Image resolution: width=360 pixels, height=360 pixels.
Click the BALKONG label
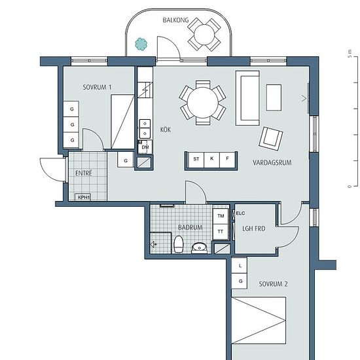pos(175,20)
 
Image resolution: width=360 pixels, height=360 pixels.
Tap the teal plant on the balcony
pos(141,44)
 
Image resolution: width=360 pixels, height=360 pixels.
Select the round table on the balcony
pos(204,35)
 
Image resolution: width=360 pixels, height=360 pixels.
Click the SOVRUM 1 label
pos(97,87)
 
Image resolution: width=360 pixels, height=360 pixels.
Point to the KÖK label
pos(166,130)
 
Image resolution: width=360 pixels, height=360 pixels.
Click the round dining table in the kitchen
pos(203,102)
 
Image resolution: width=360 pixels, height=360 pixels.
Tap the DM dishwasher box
pos(145,147)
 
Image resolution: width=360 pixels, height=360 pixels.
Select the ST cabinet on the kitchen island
pos(196,159)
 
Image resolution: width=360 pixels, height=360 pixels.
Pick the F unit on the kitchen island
pos(227,159)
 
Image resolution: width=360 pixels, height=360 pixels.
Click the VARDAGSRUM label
pos(272,162)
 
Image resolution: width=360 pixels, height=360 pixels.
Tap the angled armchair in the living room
pos(271,139)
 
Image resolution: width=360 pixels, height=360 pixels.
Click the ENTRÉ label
pos(84,173)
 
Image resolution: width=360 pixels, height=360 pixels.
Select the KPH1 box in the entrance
pos(83,197)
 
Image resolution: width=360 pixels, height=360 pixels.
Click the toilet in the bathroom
pos(179,244)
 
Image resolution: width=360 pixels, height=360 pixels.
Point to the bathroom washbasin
pos(199,247)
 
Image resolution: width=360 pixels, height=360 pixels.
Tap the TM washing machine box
pos(221,216)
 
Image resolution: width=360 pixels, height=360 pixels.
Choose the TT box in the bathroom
pos(221,232)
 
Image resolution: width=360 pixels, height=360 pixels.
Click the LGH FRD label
pos(254,228)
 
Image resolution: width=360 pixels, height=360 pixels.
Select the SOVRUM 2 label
pos(273,284)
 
